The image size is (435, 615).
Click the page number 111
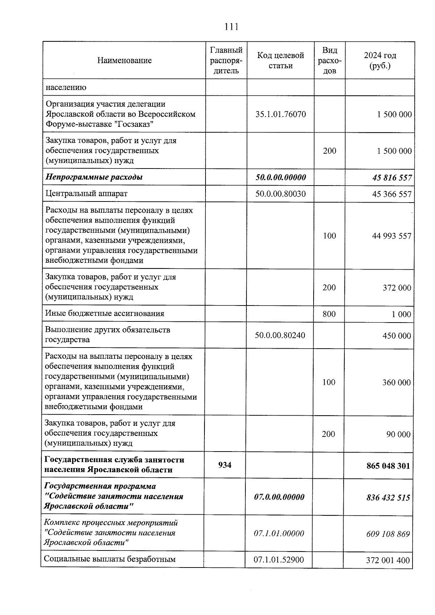231,27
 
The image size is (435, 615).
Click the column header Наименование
124,61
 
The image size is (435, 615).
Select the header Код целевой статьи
280,61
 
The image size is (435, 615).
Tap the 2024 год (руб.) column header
380,61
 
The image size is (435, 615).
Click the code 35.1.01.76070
280,115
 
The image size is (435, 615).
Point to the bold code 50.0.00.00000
280,177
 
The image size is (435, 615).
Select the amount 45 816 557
391,178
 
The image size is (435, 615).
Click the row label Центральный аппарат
87,194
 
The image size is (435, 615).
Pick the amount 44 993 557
391,236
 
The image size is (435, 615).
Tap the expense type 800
329,314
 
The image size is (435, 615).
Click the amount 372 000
397,288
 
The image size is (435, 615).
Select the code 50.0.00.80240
280,335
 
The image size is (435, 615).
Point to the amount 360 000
396,383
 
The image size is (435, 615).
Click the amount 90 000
398,435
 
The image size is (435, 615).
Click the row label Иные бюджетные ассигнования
104,313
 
